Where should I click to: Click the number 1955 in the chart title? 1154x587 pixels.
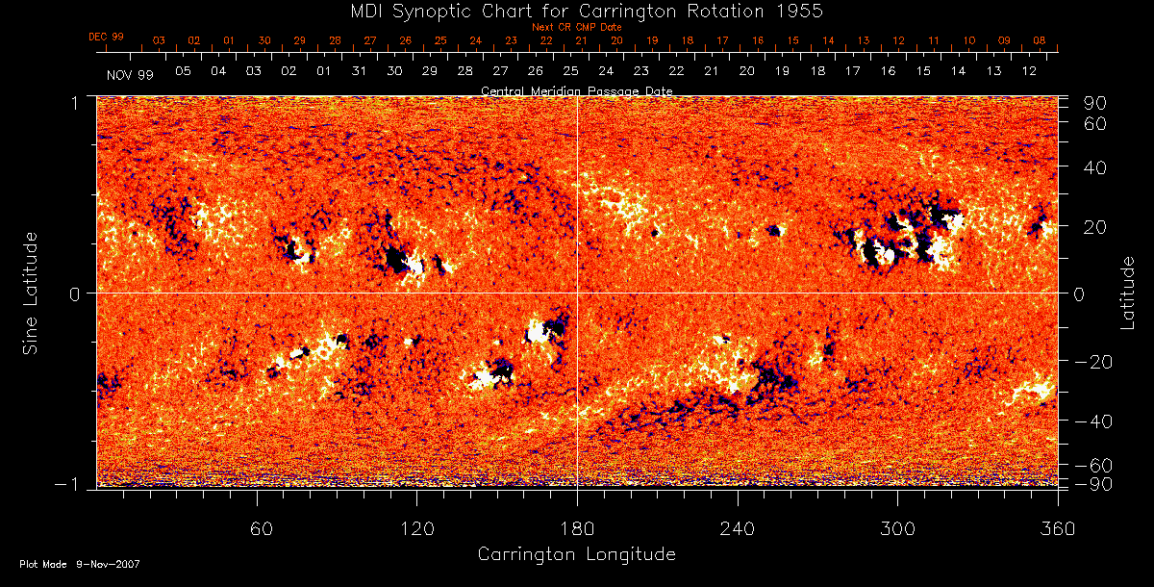coord(802,11)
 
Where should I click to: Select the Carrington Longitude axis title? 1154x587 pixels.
coord(576,554)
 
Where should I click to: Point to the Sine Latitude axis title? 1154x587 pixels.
coord(33,292)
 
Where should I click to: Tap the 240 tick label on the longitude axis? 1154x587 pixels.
coord(738,529)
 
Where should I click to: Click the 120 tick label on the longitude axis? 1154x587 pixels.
coord(416,529)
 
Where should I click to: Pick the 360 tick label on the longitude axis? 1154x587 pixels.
coord(1057,529)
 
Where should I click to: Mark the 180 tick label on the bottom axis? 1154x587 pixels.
coord(577,529)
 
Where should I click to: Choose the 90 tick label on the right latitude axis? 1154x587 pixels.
coord(1097,103)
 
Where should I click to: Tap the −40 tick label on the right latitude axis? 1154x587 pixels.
coord(1094,422)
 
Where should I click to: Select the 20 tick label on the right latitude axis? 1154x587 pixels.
coord(1097,226)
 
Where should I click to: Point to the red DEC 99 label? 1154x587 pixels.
coord(106,37)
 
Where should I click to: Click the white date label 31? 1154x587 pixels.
coord(359,71)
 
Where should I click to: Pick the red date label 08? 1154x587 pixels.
coord(1040,40)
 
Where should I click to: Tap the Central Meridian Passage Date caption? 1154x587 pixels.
coord(576,90)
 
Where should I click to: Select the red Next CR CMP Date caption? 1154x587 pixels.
coord(576,28)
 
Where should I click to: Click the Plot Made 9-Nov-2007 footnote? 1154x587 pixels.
coord(80,564)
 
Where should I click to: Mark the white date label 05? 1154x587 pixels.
coord(183,71)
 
